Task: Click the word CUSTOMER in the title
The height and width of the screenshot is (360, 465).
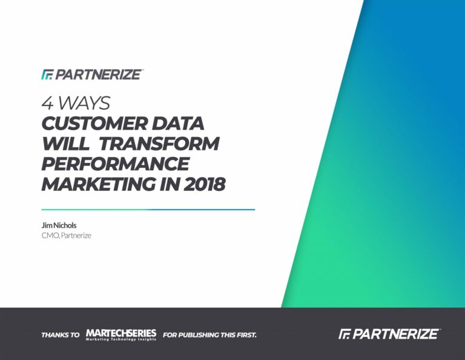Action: (x=94, y=124)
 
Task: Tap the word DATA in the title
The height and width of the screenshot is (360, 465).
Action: (x=178, y=124)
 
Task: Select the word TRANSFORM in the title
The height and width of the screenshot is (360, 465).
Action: (x=159, y=144)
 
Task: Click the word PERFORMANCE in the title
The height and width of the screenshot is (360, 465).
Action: (x=116, y=164)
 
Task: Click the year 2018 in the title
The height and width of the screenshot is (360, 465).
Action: (x=204, y=184)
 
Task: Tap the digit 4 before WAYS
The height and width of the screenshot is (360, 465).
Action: (x=47, y=103)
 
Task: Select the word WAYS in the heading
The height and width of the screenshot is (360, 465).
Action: (x=84, y=103)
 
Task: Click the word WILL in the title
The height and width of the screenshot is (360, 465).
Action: (x=65, y=144)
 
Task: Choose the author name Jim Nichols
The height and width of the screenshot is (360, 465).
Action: (x=59, y=225)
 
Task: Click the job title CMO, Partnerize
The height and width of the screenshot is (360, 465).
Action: (x=67, y=236)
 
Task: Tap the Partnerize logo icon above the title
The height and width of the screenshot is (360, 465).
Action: (x=47, y=75)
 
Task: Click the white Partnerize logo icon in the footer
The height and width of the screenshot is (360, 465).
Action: (x=345, y=334)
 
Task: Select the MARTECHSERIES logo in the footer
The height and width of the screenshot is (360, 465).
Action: (x=121, y=335)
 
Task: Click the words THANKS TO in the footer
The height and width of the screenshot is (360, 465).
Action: (x=61, y=335)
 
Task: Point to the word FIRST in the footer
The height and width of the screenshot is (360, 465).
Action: (x=246, y=335)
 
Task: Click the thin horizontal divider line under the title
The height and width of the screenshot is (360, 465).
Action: (x=148, y=210)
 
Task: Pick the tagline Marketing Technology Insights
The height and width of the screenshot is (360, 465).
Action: (x=121, y=339)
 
